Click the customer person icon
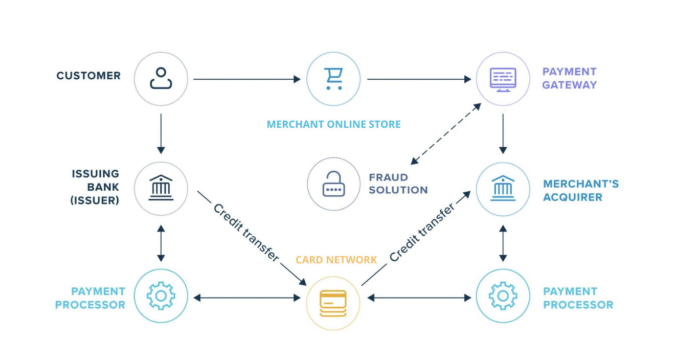tap(161, 79)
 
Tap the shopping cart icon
tap(333, 79)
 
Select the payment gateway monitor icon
tap(503, 79)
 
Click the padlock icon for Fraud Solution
tap(333, 184)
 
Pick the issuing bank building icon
tap(161, 188)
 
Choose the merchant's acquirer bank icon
tap(503, 189)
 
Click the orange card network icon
tap(333, 301)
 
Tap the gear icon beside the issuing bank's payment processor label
tap(161, 296)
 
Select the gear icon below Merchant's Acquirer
tap(503, 296)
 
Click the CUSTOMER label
tap(88, 76)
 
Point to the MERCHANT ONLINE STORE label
tap(333, 124)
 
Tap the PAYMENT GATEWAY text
tap(569, 78)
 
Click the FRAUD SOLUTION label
tap(398, 184)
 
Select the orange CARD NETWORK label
tap(336, 260)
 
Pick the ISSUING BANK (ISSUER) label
tap(95, 187)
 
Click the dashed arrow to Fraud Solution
tap(446, 133)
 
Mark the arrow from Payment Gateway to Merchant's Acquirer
tap(503, 133)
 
